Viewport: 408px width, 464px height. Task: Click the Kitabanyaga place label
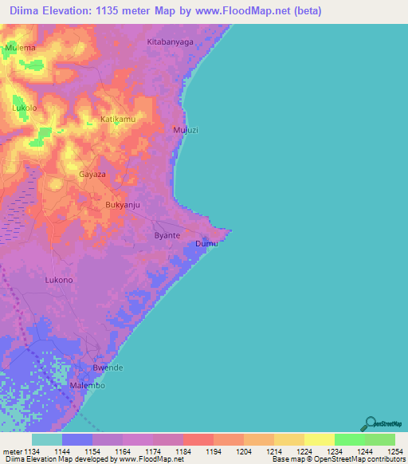tap(171, 41)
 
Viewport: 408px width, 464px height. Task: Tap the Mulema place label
tap(21, 48)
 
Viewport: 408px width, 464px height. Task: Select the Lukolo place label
tap(25, 107)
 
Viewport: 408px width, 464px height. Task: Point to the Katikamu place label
tap(118, 119)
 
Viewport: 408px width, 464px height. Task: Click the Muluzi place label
tap(185, 129)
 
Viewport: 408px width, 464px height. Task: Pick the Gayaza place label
tap(92, 173)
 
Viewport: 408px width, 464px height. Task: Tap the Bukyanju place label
tap(123, 205)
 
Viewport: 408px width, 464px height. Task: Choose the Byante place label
tap(167, 236)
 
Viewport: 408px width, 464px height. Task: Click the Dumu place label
tap(206, 243)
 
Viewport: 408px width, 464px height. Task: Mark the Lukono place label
tap(59, 280)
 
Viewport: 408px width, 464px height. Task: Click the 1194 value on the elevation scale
tap(198, 452)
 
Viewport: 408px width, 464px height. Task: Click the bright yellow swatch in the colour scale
tap(320, 439)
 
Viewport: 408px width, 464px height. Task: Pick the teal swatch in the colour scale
tap(47, 439)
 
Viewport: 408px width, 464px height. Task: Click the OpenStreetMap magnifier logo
tap(370, 423)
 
